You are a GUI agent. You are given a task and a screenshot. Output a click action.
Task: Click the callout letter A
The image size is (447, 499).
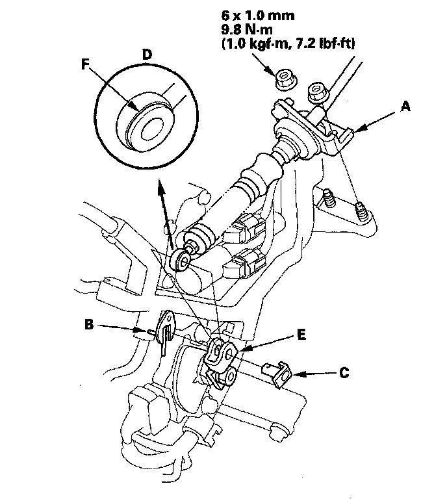(x=405, y=107)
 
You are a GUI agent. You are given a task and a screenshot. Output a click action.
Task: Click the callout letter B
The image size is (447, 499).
(x=89, y=324)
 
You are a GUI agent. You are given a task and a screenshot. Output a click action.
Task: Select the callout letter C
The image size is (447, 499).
(x=344, y=373)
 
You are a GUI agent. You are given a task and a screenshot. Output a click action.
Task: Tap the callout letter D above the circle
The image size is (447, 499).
(x=147, y=55)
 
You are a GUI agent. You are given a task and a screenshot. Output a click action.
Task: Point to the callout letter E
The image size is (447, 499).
(x=301, y=335)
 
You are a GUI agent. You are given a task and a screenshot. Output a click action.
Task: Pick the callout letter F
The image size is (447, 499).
(x=85, y=64)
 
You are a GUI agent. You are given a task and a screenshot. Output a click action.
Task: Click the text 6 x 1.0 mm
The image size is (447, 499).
(x=258, y=16)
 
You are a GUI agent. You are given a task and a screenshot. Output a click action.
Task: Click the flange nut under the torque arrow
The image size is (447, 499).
(x=285, y=81)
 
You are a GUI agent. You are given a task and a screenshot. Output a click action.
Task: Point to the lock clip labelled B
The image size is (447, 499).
(x=166, y=331)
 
